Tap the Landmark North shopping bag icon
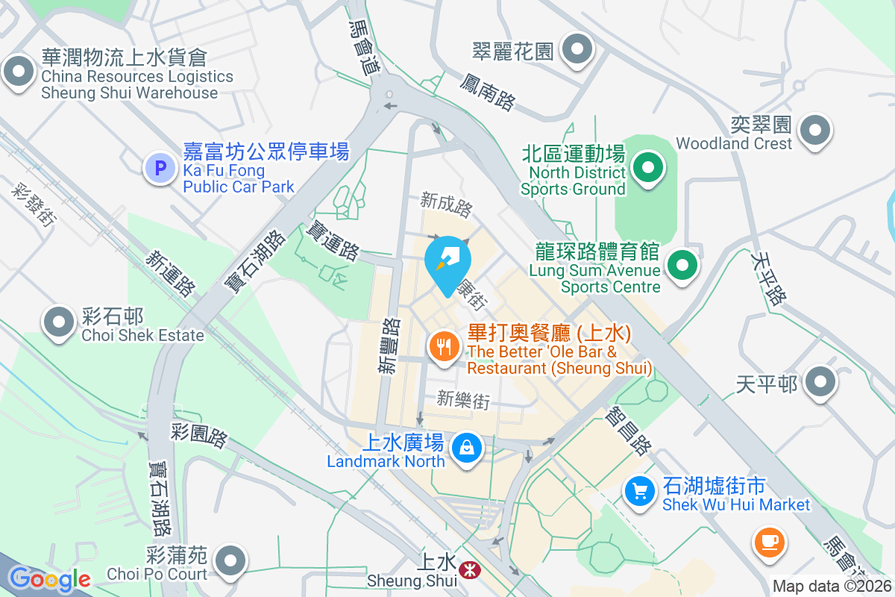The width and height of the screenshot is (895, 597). pos(466,448)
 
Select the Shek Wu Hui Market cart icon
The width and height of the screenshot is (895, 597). pos(638,490)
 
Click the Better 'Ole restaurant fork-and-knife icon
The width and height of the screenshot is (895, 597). pos(445,346)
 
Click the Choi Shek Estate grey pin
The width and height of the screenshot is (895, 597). pos(60,322)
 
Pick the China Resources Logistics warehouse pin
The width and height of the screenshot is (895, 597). pos(19,72)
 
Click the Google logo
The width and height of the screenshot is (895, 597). pos(49,579)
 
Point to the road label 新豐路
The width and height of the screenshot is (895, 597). pos(389,345)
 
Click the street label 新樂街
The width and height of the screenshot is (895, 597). pos(464,399)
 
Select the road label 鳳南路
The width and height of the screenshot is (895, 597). pos(488,92)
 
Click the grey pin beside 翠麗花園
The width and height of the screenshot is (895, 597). pos(577,51)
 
